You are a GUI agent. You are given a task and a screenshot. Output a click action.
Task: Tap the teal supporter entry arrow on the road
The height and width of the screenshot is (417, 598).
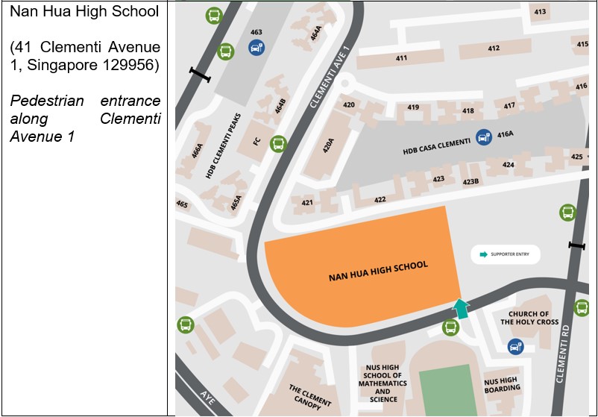click(462, 308)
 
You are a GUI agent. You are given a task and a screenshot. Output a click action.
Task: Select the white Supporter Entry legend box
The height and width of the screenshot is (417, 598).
click(505, 254)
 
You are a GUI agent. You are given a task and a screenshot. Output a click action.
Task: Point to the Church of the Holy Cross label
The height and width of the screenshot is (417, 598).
click(529, 318)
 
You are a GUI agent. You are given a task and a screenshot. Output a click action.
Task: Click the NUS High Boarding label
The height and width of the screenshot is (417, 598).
click(502, 383)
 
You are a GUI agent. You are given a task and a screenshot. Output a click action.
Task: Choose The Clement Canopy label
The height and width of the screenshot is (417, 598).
click(309, 397)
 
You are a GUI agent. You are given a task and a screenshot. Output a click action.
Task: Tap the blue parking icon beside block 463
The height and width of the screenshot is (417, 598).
click(256, 48)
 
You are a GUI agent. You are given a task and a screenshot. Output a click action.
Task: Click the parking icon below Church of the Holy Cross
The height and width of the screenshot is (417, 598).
click(514, 346)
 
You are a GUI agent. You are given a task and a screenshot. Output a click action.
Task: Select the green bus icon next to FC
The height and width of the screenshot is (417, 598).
click(278, 142)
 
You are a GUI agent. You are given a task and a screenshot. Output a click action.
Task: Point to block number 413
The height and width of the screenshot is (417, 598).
click(540, 11)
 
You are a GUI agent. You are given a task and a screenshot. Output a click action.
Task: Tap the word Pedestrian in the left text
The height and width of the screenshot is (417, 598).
click(45, 101)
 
